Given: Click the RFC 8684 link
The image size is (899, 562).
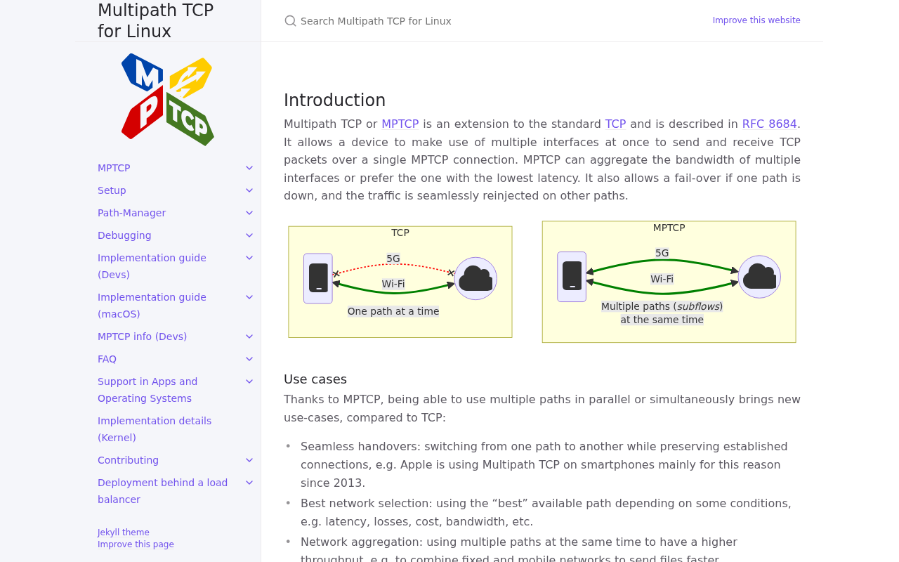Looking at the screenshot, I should pos(769,124).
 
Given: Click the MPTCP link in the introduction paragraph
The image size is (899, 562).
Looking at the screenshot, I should pos(400,124).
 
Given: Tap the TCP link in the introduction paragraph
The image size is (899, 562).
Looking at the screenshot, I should pos(615,124).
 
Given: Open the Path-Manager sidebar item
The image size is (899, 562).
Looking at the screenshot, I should pos(131,213).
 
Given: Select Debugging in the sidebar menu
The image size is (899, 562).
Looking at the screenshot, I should pos(124,235).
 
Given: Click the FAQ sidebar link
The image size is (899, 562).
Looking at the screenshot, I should pos(107,359).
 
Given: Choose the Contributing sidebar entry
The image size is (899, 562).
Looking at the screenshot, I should pos(128,460).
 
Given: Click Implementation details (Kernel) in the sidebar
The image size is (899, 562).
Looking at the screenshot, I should pos(155,429).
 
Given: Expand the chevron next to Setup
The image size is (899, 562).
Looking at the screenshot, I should pos(249,190).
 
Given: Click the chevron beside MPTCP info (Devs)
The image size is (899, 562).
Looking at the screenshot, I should pos(249,336).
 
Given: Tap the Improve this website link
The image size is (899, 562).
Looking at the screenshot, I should pos(756,20).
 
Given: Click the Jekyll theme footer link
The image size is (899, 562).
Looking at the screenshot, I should pos(123,532).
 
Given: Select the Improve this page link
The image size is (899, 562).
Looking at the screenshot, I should pos(136,544).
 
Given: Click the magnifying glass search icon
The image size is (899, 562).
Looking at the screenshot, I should pos(290,21).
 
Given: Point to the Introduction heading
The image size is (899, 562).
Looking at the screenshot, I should pos(334,100).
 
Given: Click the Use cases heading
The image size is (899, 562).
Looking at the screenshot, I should pos(315,379).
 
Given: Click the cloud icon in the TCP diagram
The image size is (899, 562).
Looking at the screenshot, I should pos(475,279).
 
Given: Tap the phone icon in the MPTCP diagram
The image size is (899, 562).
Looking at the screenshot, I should pos(572,277).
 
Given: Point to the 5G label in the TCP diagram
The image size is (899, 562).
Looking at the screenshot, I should pos(393,259).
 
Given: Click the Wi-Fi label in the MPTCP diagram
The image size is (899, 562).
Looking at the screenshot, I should pos(662,279).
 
